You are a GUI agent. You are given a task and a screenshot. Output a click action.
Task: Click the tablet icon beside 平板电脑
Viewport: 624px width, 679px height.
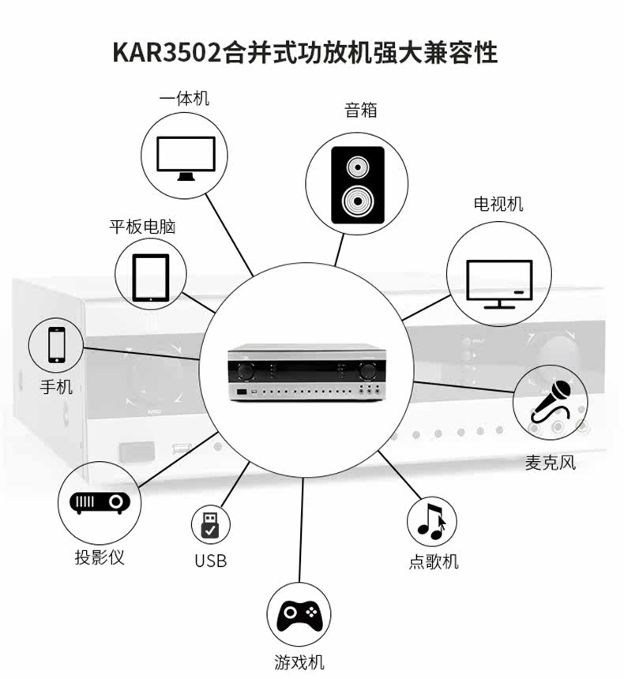coord(150,276)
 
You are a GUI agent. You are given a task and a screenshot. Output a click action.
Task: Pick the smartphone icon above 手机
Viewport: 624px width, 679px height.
coord(57,344)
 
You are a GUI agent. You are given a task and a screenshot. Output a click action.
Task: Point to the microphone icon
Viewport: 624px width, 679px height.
coord(551,400)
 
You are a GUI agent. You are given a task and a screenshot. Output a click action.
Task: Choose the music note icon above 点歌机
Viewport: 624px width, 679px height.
coord(431,520)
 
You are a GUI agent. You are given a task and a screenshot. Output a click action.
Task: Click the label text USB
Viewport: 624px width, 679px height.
coord(210,561)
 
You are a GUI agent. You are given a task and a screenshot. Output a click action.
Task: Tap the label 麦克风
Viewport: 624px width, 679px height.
coord(551,462)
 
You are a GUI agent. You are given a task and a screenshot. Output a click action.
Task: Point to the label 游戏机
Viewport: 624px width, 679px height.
coord(299,662)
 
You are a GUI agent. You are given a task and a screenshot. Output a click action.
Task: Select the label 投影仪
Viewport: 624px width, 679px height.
coord(100,557)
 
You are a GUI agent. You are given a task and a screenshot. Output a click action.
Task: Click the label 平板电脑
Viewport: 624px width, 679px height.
coord(142,227)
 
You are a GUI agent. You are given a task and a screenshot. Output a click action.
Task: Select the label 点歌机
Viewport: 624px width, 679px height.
coord(434,561)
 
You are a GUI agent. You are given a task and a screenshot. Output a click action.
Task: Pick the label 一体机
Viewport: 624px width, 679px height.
coord(184,99)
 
